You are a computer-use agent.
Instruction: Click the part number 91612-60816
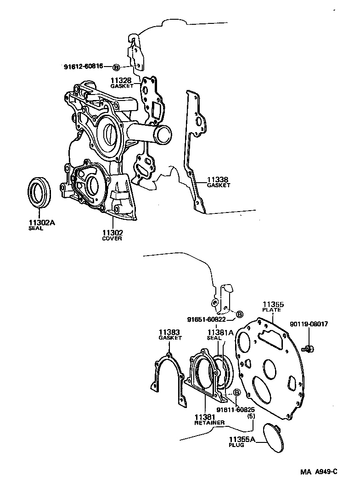coord(84,67)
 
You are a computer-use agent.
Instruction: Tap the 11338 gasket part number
coord(218,179)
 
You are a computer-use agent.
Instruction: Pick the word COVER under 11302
coord(112,239)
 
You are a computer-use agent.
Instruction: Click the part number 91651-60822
coord(206,319)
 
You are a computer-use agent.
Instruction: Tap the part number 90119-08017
coord(309,324)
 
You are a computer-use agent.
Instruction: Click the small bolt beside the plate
coord(308,349)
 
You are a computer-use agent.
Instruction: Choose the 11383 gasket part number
coord(170,332)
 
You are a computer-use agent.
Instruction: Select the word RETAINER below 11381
coord(209,422)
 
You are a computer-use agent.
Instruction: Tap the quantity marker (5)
coord(251,416)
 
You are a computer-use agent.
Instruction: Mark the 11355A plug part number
coord(243,439)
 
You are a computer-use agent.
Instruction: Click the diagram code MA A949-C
coord(319,471)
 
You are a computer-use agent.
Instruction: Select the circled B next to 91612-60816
coord(116,67)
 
